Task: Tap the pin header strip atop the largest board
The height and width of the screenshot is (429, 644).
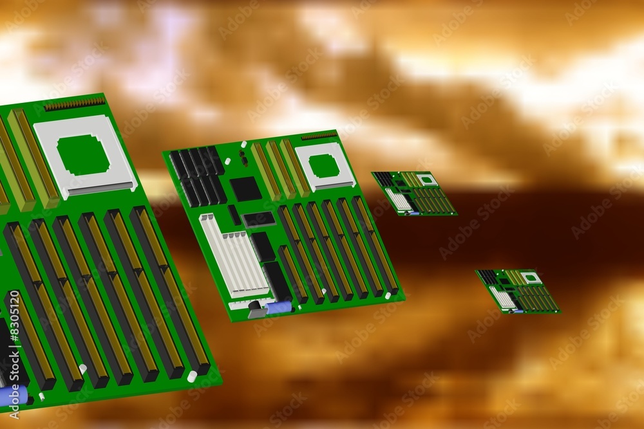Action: (x=75, y=104)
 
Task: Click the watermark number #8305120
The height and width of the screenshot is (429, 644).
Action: (x=15, y=315)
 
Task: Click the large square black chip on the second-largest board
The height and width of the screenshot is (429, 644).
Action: (x=245, y=188)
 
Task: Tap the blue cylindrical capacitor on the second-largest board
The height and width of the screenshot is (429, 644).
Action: (x=279, y=307)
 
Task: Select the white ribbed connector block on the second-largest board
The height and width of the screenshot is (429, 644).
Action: (x=234, y=257)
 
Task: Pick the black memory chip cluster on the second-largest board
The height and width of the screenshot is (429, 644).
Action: (x=198, y=176)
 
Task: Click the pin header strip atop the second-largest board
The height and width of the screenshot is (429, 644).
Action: (x=319, y=136)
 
